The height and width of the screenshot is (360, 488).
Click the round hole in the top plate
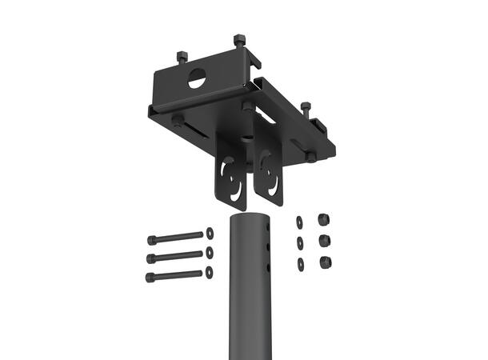pyautogui.click(x=197, y=78)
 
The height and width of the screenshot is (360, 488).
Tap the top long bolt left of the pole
pyautogui.click(x=175, y=238)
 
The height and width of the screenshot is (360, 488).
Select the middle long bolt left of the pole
pyautogui.click(x=175, y=257)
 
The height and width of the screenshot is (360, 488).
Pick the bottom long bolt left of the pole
pyautogui.click(x=175, y=276)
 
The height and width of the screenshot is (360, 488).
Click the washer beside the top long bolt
pyautogui.click(x=210, y=233)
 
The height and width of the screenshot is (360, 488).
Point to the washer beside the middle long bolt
pyautogui.click(x=210, y=252)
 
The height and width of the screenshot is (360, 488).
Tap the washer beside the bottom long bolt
pyautogui.click(x=210, y=271)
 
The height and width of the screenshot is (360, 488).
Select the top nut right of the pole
pyautogui.click(x=324, y=220)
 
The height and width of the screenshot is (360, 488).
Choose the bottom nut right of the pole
pyautogui.click(x=325, y=262)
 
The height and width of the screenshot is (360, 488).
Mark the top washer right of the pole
pyautogui.click(x=300, y=222)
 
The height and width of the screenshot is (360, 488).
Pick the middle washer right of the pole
pyautogui.click(x=300, y=242)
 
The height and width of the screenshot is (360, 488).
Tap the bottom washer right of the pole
pyautogui.click(x=300, y=263)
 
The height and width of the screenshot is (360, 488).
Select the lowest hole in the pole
pyautogui.click(x=268, y=267)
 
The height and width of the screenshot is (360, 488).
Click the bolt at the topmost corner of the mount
pyautogui.click(x=239, y=40)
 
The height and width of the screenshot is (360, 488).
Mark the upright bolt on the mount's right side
pyautogui.click(x=306, y=108)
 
